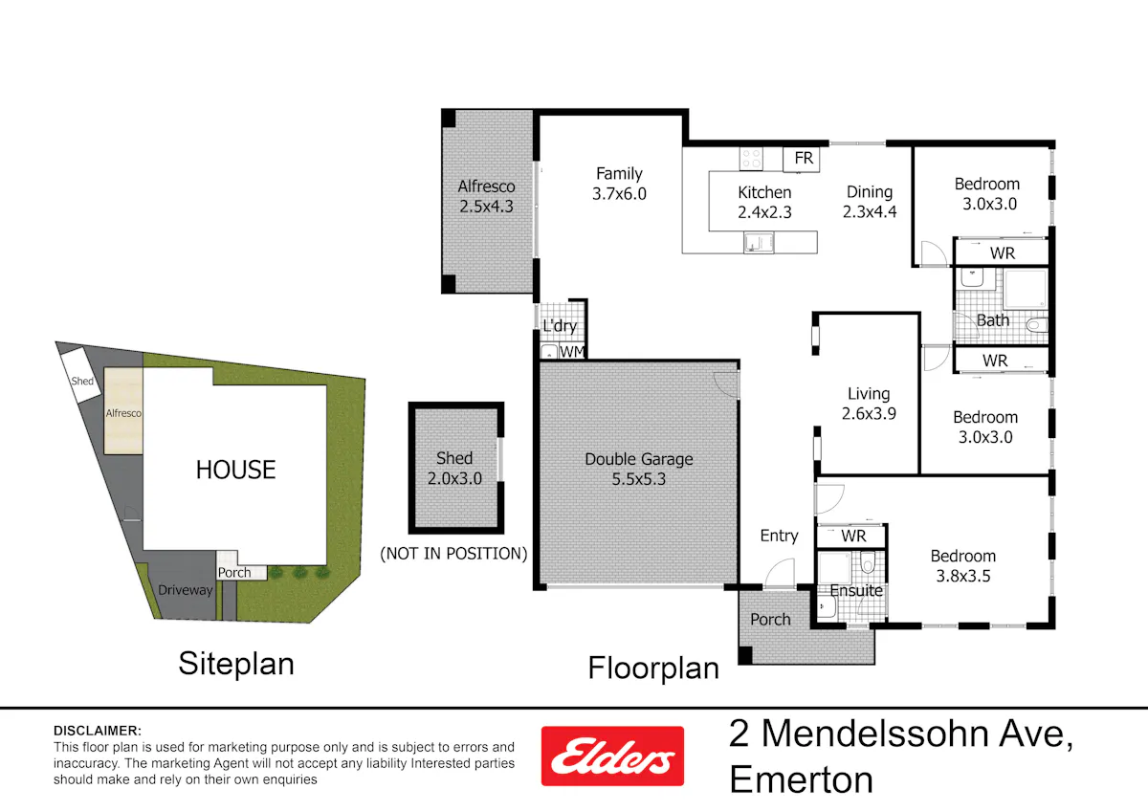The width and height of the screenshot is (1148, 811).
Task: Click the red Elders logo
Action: tap(612, 756)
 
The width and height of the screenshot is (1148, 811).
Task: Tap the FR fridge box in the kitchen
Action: tap(802, 159)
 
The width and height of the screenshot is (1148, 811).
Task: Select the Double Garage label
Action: tap(639, 459)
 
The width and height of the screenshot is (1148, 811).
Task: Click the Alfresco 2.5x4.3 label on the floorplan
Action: tap(486, 196)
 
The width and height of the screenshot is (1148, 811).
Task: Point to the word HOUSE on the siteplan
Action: tap(235, 470)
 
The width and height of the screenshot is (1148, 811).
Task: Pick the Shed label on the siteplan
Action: tap(82, 382)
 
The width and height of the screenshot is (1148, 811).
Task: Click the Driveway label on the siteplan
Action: tap(185, 590)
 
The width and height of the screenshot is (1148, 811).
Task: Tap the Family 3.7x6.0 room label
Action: tap(619, 184)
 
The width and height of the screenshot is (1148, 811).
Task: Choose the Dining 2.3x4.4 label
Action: tap(870, 202)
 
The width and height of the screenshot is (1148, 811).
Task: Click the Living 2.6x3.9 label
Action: tap(869, 404)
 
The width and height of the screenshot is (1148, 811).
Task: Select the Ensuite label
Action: tap(856, 591)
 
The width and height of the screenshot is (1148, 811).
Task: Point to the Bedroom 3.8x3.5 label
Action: tap(963, 566)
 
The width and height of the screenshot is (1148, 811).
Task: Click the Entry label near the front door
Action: tap(779, 536)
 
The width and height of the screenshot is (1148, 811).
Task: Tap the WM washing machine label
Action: tap(571, 352)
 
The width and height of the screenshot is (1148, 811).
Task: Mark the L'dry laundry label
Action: tap(560, 326)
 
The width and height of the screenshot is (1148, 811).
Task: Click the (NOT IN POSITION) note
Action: tap(453, 554)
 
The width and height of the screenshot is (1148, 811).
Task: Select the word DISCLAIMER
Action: tap(98, 731)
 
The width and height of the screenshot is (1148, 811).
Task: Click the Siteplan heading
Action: tap(236, 664)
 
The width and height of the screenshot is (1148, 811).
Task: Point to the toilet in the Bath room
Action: tap(1037, 325)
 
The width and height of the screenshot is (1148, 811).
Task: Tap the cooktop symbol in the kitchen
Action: tap(751, 159)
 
